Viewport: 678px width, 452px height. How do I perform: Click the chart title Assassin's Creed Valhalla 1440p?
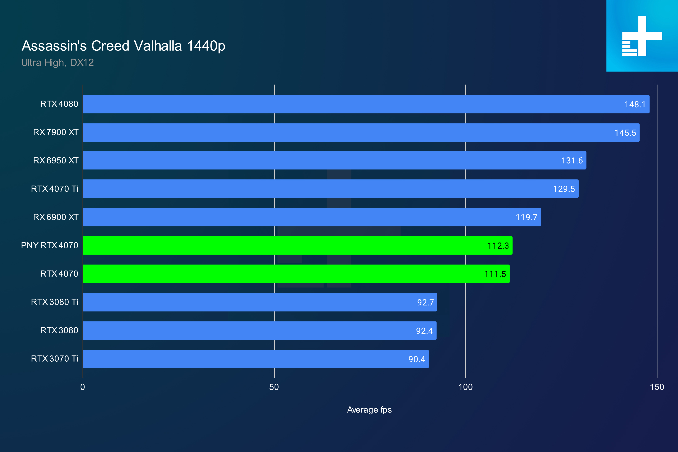(x=123, y=46)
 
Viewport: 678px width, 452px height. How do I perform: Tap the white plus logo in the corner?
(x=642, y=36)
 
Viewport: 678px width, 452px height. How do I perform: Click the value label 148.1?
(x=634, y=104)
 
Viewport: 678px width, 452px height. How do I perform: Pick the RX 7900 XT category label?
(x=56, y=132)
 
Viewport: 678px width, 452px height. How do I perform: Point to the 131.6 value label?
(x=572, y=161)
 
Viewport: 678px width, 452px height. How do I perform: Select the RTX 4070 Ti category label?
(x=54, y=189)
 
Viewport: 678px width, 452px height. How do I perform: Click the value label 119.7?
(x=526, y=217)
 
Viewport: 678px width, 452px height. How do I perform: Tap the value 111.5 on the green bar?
(x=495, y=274)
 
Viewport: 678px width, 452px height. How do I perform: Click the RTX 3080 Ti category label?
(x=54, y=302)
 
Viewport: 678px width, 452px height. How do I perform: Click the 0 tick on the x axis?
(x=83, y=387)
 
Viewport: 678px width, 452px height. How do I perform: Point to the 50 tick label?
(x=274, y=387)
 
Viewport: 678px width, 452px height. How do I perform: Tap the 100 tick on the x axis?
(x=465, y=387)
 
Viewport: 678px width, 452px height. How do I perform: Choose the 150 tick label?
(x=657, y=387)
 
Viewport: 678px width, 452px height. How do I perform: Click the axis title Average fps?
(x=369, y=410)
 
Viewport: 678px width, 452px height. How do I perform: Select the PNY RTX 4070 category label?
(x=50, y=245)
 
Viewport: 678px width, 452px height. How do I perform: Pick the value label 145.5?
(x=625, y=133)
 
